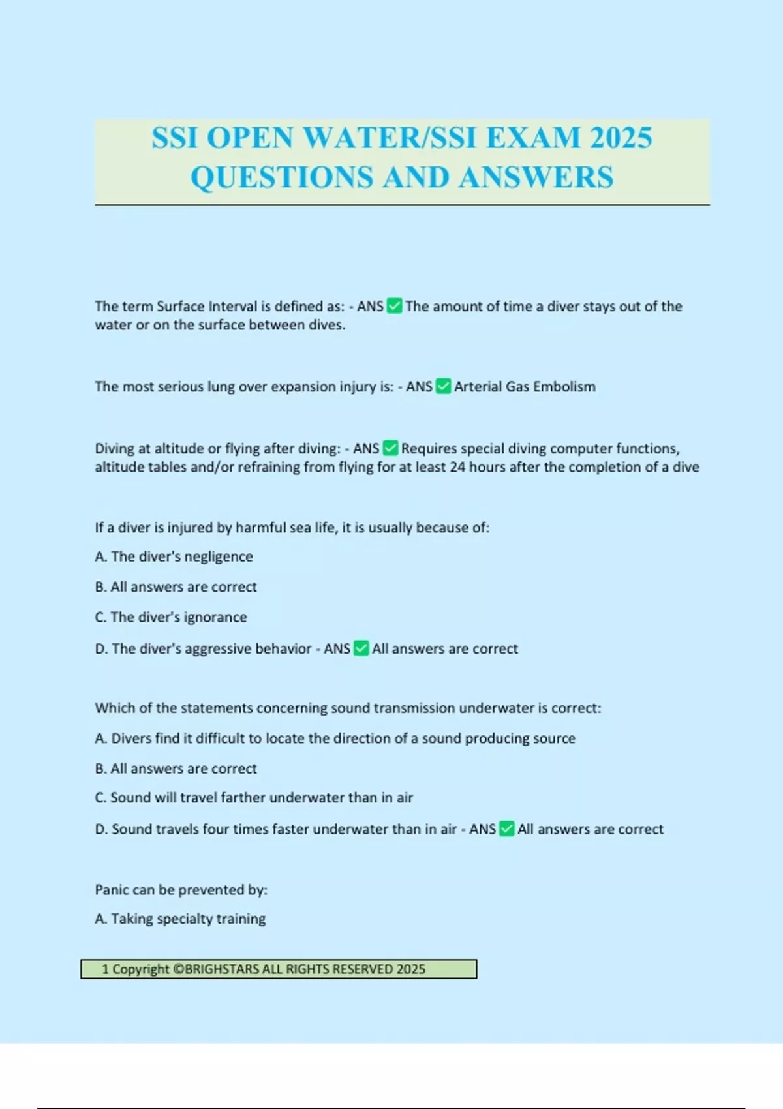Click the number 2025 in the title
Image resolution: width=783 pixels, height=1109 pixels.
[x=621, y=138]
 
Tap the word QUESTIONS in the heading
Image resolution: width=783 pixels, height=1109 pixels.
[x=282, y=177]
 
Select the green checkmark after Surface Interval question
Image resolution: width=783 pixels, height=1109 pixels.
[x=394, y=306]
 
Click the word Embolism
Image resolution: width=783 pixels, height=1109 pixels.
[x=564, y=387]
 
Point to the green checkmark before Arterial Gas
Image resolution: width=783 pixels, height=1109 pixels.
[x=443, y=387]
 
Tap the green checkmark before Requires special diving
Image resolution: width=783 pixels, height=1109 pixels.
[x=390, y=449]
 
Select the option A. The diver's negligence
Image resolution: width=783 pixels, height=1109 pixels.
[x=174, y=556]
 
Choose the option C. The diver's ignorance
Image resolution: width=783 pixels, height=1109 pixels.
[x=171, y=617]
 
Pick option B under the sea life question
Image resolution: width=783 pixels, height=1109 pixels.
[x=176, y=587]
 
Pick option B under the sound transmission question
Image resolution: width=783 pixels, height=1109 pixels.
[x=176, y=768]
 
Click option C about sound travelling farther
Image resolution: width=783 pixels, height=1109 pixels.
[x=254, y=798]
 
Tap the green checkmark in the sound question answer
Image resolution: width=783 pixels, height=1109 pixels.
[x=506, y=829]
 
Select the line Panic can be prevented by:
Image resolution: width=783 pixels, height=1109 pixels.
[x=181, y=890]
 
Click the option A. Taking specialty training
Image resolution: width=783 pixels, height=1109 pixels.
[x=180, y=919]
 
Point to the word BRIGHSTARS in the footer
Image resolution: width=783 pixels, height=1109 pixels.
[x=222, y=969]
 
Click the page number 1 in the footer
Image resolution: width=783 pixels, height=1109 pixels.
[x=105, y=969]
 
